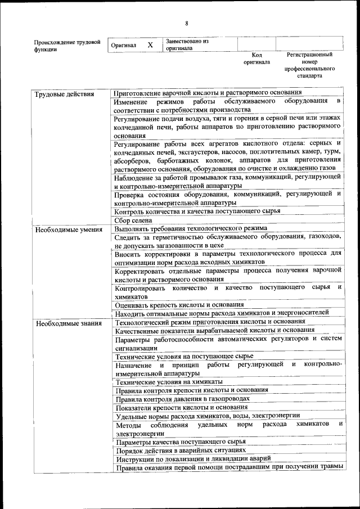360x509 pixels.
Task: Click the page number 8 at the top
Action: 186,23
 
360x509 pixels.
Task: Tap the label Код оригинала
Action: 256,58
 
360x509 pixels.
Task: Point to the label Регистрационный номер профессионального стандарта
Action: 309,65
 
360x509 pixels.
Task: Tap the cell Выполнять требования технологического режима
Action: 191,229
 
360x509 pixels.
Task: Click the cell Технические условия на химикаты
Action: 169,382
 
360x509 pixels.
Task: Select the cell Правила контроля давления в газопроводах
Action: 182,399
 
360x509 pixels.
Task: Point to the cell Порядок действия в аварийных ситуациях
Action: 181,451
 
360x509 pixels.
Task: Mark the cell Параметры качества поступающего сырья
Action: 181,442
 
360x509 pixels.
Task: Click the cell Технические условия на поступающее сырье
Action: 184,356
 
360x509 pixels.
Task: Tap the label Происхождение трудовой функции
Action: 67,45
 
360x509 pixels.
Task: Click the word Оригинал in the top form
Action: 124,45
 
